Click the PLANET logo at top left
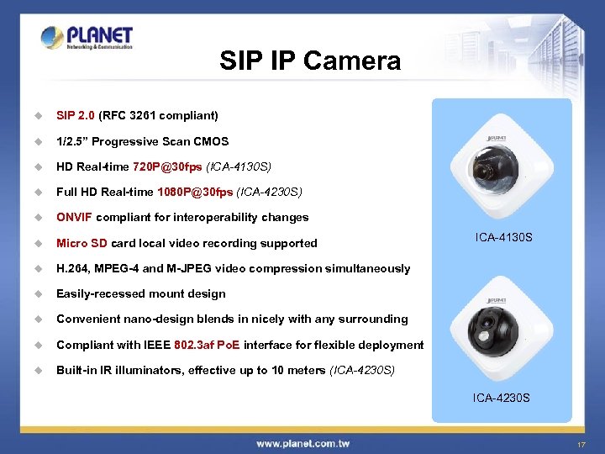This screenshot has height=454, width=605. [x=87, y=38]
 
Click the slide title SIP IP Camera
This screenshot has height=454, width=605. [x=310, y=61]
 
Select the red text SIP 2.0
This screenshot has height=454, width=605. [x=76, y=115]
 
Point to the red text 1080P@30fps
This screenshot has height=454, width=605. [x=201, y=192]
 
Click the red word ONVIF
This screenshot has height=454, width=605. [x=75, y=217]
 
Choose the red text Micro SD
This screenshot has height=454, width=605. [x=82, y=243]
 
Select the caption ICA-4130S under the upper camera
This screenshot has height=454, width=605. [x=503, y=238]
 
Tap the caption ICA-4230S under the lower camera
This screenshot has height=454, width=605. [x=501, y=397]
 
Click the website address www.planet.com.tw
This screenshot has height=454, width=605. [x=302, y=443]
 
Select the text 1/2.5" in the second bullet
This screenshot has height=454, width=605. [x=73, y=141]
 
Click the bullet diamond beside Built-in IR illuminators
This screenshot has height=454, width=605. [x=37, y=371]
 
